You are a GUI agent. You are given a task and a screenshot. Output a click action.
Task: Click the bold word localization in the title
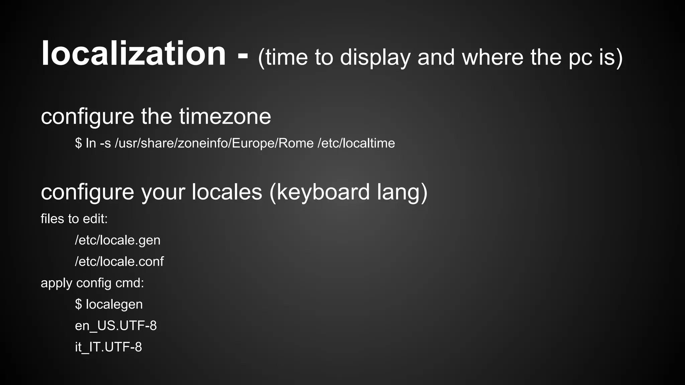click(133, 54)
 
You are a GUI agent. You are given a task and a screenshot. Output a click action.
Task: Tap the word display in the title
click(375, 57)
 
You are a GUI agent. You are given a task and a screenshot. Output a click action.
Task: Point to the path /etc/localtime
click(356, 143)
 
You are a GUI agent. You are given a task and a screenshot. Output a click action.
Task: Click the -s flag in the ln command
click(105, 143)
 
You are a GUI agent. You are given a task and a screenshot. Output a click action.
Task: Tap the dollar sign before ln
click(78, 143)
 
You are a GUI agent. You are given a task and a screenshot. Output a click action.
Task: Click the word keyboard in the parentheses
click(323, 192)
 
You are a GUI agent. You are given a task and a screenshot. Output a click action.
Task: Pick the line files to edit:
click(74, 219)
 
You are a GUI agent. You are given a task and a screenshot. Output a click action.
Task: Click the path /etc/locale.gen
click(118, 240)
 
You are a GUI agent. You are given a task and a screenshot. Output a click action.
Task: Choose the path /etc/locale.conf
click(119, 262)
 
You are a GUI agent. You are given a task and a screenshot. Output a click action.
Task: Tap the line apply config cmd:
click(92, 283)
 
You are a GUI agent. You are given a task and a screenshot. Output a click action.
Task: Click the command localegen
click(114, 304)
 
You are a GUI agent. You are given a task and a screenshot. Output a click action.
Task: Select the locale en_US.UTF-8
click(116, 326)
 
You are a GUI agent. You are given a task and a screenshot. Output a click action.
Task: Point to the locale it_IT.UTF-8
click(108, 347)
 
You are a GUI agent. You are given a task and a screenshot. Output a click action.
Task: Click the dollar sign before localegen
click(78, 304)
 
